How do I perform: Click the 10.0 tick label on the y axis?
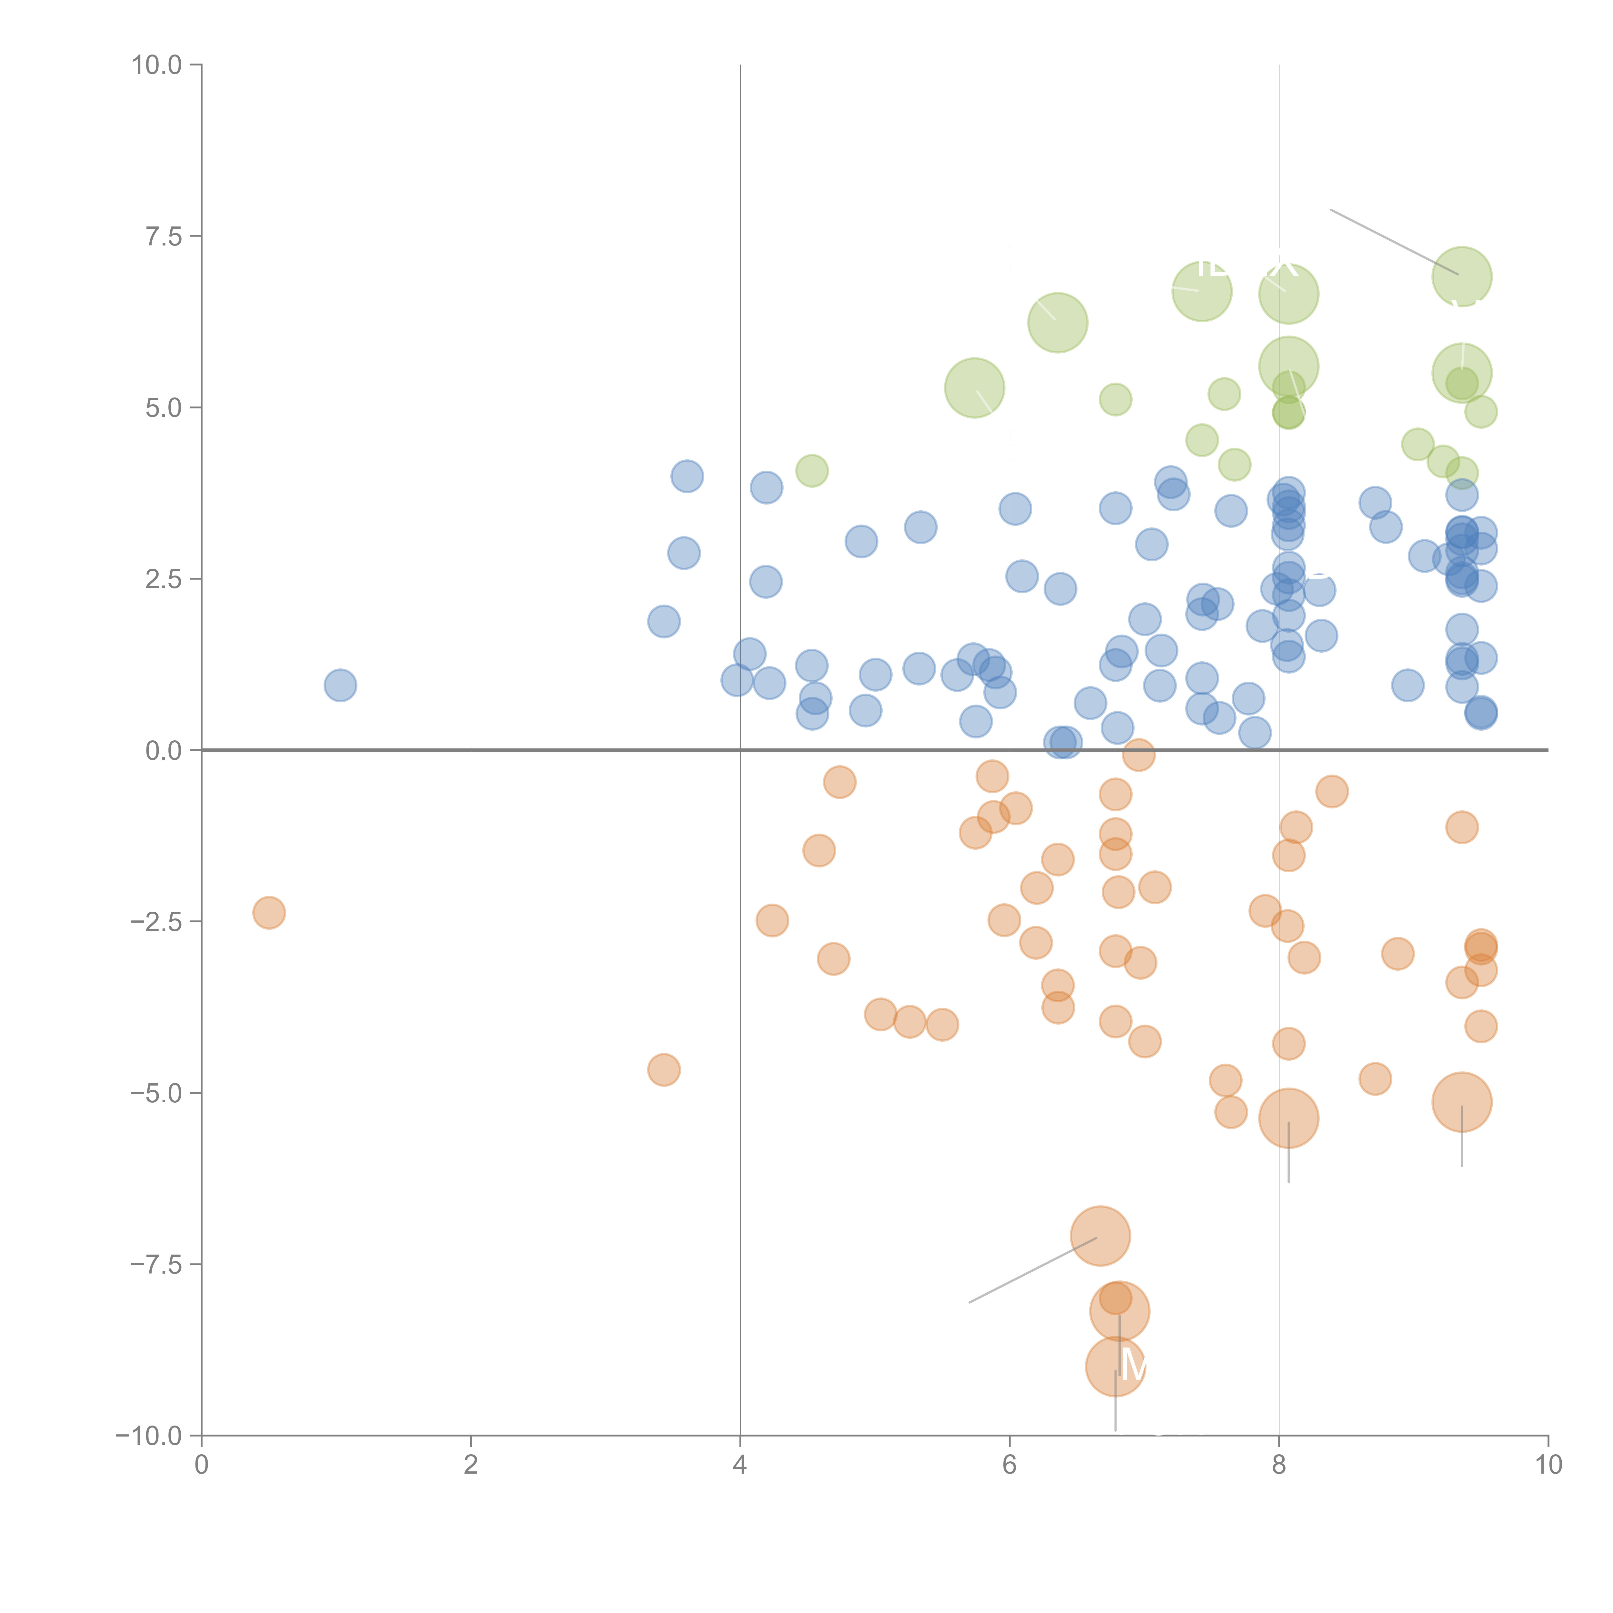157,65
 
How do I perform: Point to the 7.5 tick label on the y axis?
164,236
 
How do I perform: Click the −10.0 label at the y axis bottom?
150,1436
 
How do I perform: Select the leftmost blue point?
340,686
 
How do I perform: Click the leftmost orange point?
269,913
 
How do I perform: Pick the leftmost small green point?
812,471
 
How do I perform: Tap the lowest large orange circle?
1116,1367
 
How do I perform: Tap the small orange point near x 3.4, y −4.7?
664,1069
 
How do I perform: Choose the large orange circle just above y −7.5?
1100,1237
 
